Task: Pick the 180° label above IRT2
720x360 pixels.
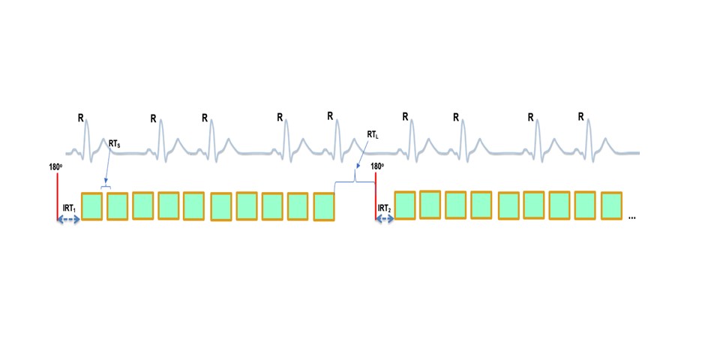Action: [377, 166]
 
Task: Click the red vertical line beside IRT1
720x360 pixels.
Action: [56, 196]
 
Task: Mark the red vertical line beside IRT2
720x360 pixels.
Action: [375, 196]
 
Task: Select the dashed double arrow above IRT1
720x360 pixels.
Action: [68, 219]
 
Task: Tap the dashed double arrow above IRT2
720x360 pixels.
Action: [385, 219]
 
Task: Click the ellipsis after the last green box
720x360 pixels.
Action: [631, 216]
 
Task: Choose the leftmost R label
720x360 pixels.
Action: [80, 118]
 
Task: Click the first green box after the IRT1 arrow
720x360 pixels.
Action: [91, 206]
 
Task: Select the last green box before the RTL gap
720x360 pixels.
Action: [323, 207]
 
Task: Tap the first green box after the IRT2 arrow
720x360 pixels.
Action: [405, 205]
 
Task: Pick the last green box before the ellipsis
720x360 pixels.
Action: [611, 206]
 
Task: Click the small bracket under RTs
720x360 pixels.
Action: [106, 186]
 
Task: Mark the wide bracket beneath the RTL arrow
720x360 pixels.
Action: [355, 181]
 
